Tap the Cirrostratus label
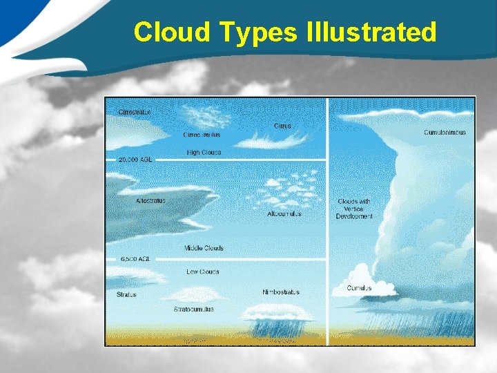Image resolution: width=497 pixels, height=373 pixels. click(x=134, y=112)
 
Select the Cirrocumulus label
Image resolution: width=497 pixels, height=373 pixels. click(x=202, y=135)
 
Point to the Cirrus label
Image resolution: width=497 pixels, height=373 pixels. click(x=282, y=126)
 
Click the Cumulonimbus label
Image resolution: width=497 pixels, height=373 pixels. click(x=445, y=133)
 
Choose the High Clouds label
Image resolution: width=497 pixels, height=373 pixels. click(x=204, y=152)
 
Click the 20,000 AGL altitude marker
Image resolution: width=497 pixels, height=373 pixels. click(x=135, y=160)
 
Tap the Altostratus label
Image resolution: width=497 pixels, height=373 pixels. click(x=150, y=201)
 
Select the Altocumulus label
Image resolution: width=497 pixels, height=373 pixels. click(x=284, y=214)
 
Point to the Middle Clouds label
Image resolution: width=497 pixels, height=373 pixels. click(x=204, y=248)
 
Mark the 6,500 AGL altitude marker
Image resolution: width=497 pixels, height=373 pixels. click(x=135, y=259)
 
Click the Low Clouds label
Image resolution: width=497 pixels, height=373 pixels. click(x=203, y=271)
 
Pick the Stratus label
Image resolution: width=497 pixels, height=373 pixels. click(x=126, y=295)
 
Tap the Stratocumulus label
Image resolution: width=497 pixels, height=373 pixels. click(x=193, y=309)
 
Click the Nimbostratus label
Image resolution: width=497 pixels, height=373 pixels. click(x=281, y=292)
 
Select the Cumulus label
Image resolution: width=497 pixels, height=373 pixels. click(x=359, y=288)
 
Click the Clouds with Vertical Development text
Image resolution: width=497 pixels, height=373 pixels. click(x=354, y=209)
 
